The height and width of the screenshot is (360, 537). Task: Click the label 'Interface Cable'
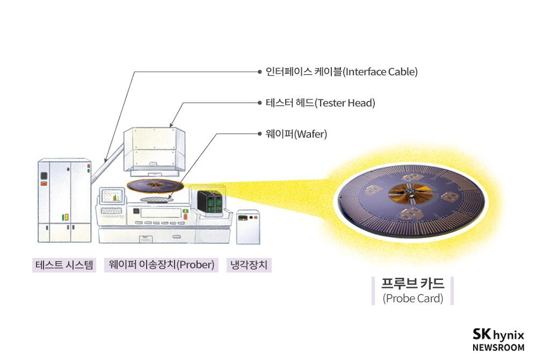point(342,71)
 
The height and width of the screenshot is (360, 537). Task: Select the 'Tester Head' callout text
point(320,103)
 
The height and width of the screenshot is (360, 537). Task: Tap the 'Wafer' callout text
point(296,134)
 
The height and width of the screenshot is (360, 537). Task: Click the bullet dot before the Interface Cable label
point(260,71)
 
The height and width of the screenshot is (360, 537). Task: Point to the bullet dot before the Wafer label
point(260,134)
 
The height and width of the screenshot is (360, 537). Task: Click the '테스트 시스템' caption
point(64,264)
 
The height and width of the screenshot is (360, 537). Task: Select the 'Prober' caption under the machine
point(162,264)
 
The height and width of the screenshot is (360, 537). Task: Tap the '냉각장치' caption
point(249,264)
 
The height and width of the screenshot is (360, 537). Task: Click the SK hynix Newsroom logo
point(498,340)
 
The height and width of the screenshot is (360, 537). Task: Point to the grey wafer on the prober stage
point(156,199)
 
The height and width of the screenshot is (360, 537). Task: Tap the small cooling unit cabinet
point(247,226)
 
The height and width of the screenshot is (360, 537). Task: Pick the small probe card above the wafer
point(155,186)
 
